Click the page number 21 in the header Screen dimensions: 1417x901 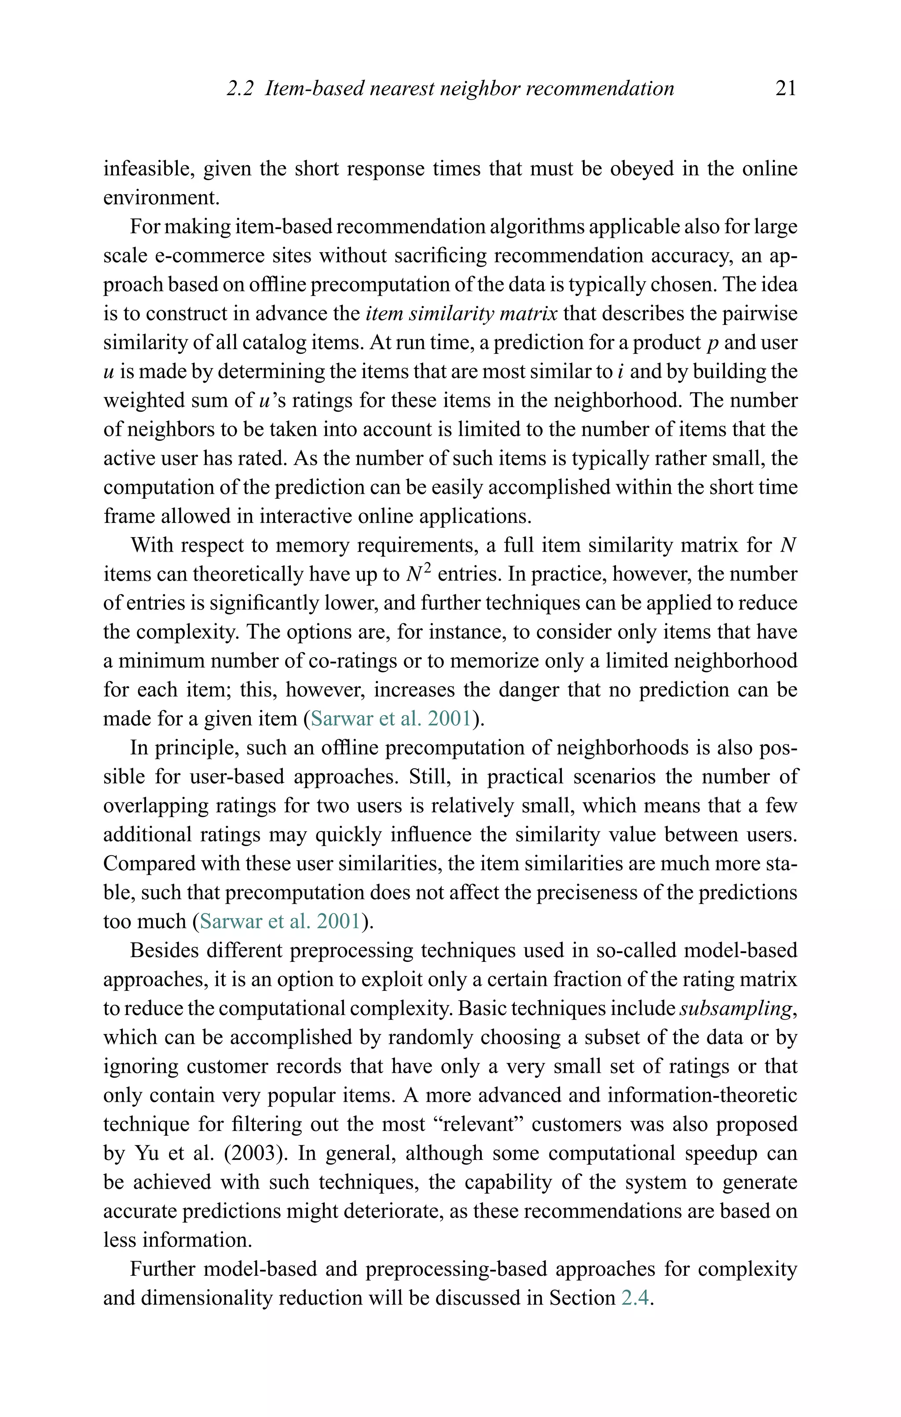point(786,89)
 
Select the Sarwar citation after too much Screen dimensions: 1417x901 point(280,921)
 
